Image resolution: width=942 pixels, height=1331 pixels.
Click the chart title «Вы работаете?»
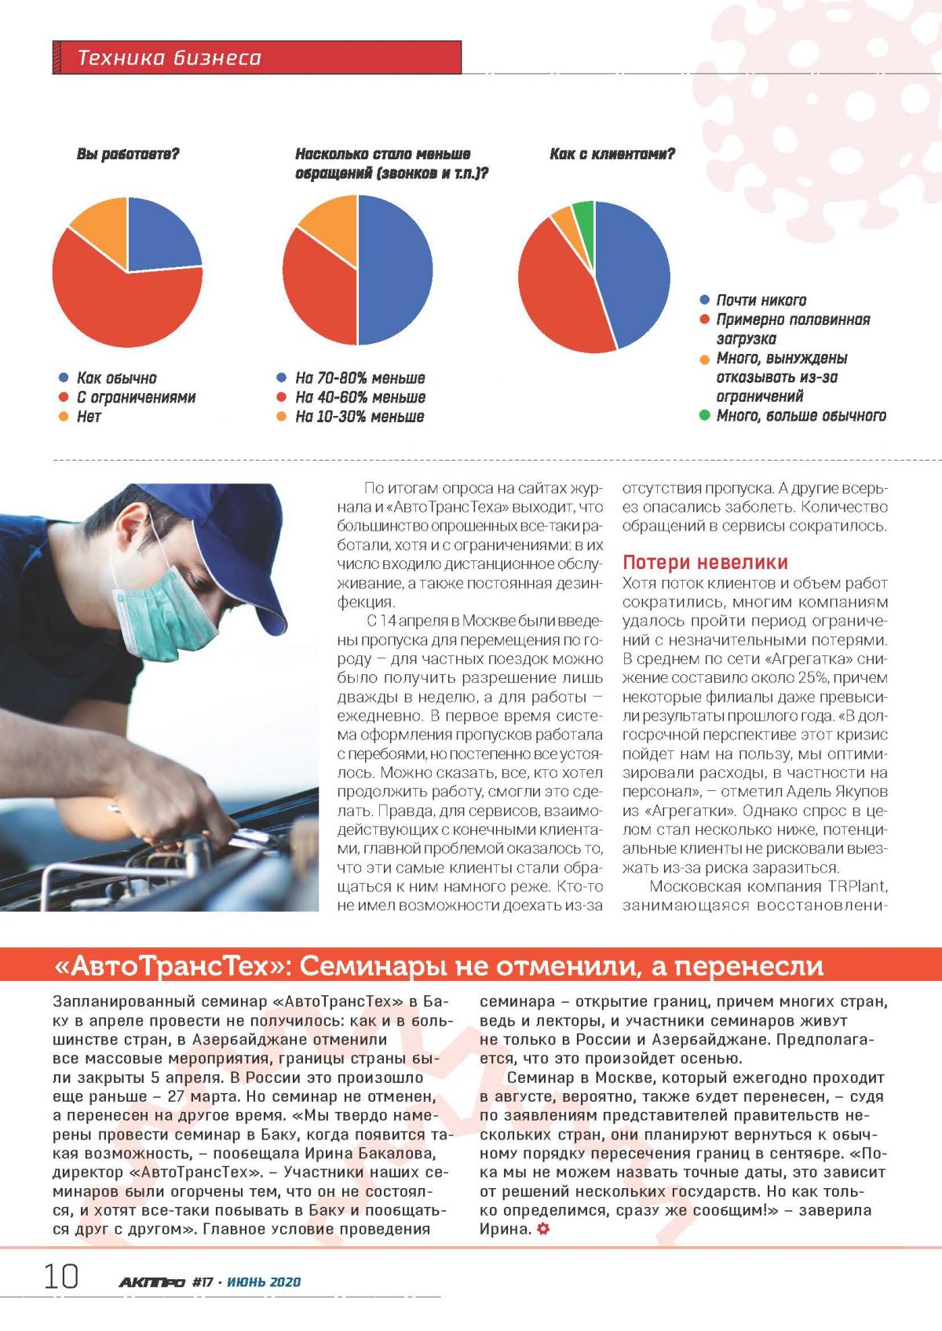coord(128,155)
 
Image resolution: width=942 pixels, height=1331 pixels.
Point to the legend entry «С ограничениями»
coord(135,397)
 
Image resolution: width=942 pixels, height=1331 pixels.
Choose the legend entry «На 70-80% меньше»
coord(360,378)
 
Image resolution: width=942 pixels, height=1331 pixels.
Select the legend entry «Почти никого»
coord(761,300)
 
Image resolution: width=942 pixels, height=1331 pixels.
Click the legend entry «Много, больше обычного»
coord(801,415)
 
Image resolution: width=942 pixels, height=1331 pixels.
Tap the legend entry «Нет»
coord(89,416)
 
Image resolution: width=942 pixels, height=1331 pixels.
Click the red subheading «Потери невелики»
coord(705,562)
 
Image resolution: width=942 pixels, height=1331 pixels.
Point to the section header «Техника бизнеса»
coord(170,58)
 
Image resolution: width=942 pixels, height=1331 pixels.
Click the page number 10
coord(61,1277)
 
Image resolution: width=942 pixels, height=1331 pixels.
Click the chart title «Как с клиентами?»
coord(612,155)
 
